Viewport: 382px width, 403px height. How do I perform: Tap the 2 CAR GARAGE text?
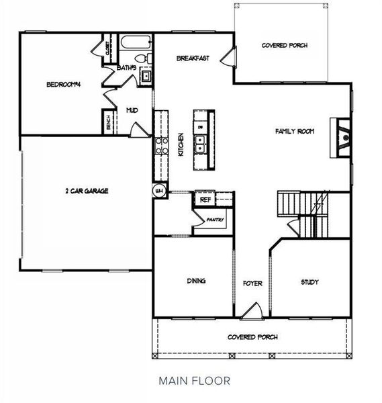coord(87,191)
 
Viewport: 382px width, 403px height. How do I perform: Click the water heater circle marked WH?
coord(159,190)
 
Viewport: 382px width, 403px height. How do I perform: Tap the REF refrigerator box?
coord(204,199)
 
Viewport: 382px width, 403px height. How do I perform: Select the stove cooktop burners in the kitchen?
coord(161,146)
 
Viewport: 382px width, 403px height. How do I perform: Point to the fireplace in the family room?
coord(343,137)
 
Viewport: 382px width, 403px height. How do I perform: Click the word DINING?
coord(196,281)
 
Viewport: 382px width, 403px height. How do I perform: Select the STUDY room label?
coord(309,282)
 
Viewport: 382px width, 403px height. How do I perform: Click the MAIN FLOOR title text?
coord(195,380)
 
